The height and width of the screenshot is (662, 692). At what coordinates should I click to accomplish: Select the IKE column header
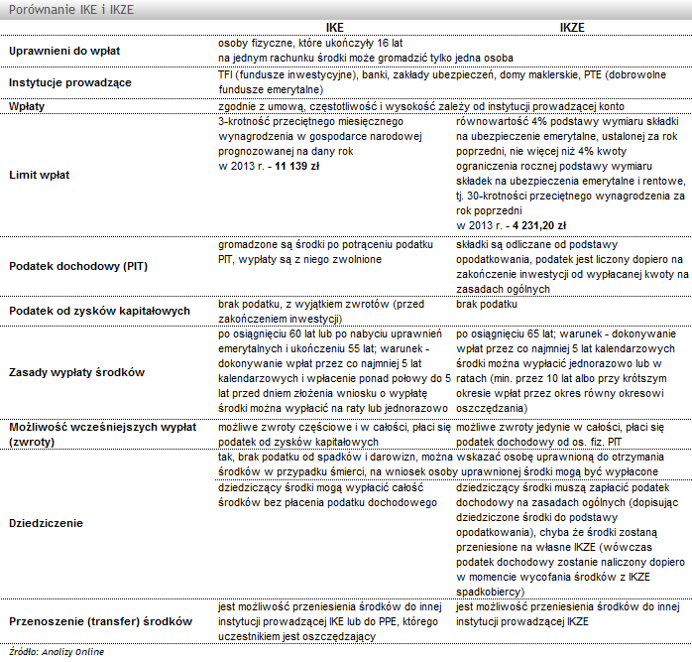334,29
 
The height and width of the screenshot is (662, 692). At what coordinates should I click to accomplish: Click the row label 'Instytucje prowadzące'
69,82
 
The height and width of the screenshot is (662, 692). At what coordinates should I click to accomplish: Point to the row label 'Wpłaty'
29,105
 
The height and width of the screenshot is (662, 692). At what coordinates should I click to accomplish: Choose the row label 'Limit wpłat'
40,174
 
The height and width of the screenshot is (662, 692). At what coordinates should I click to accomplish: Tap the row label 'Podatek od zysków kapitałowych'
99,311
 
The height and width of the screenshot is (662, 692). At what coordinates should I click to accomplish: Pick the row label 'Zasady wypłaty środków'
76,372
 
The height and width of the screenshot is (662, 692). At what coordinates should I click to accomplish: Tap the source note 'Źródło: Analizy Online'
56,652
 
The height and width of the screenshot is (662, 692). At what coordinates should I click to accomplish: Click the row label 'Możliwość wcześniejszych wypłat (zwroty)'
99,432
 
